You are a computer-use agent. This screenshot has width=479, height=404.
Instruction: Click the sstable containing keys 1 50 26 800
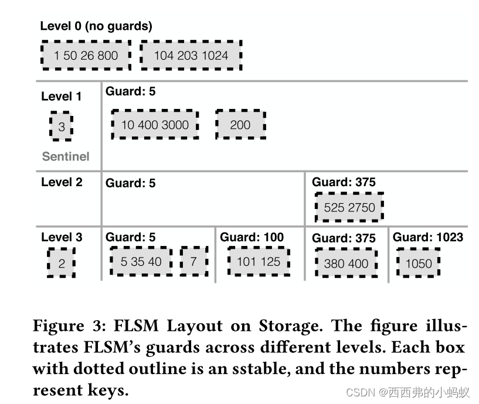click(x=86, y=56)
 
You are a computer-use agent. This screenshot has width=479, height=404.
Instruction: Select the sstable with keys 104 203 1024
click(x=191, y=56)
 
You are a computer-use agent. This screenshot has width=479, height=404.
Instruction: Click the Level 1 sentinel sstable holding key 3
click(x=62, y=126)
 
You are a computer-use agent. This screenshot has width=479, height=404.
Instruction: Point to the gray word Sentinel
click(x=66, y=156)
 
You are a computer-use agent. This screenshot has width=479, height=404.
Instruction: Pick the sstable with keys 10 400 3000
click(x=155, y=125)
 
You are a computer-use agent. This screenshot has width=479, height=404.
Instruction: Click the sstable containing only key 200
click(x=240, y=125)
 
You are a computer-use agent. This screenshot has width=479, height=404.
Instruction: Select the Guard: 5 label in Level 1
click(x=131, y=91)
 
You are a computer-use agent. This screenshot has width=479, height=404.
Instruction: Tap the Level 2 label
click(x=62, y=182)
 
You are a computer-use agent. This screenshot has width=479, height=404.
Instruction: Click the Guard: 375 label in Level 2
click(x=344, y=182)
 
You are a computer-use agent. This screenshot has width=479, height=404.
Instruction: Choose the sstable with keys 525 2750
click(x=349, y=207)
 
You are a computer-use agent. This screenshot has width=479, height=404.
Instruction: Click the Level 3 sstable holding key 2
click(x=62, y=263)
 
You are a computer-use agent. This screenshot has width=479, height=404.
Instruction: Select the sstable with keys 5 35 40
click(x=141, y=262)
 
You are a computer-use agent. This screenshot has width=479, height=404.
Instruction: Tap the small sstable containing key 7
click(x=194, y=262)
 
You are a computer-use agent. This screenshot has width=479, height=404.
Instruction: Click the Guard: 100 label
click(x=252, y=237)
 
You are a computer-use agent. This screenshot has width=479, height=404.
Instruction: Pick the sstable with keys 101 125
click(x=259, y=262)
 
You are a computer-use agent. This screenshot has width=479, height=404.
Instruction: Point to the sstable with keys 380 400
click(x=346, y=264)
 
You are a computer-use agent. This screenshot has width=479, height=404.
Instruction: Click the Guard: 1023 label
click(x=427, y=237)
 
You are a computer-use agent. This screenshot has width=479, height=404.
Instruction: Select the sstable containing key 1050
click(x=419, y=263)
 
